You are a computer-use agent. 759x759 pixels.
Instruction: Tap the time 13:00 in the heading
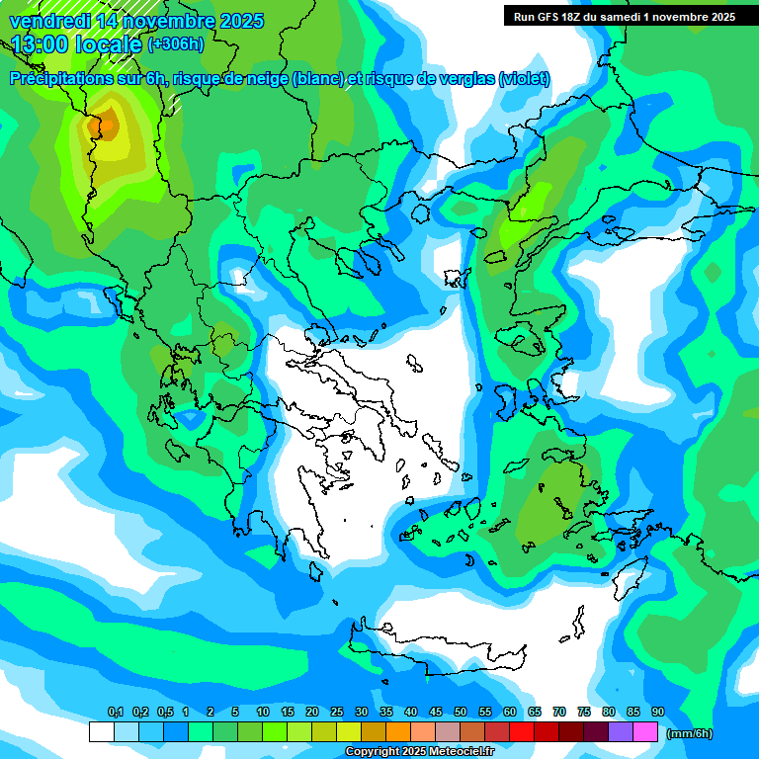coord(43,43)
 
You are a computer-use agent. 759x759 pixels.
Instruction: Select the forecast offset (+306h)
coord(177,44)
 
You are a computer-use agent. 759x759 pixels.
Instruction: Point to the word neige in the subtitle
coord(268,79)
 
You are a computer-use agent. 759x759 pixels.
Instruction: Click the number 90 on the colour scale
coord(658,712)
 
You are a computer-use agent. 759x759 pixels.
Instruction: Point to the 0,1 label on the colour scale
coord(115,712)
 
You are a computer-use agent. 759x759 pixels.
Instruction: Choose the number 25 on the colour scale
coord(337,712)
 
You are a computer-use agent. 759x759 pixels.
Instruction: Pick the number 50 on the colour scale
coord(461,712)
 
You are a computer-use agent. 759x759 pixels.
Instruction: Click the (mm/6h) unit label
coord(690,733)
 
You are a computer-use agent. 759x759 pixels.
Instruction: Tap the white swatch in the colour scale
coord(101,732)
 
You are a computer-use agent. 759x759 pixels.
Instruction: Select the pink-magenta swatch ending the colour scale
coord(645,732)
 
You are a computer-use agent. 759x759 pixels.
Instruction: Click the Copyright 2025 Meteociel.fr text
coord(419,752)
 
